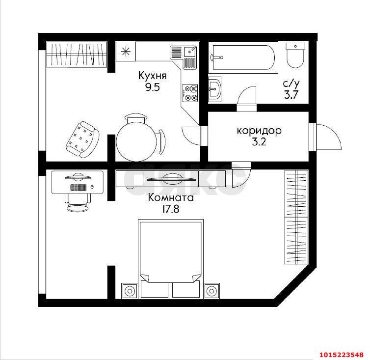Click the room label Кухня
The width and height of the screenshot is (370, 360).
(x=153, y=76)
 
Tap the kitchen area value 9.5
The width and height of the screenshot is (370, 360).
(x=153, y=87)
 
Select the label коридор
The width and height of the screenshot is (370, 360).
(x=259, y=131)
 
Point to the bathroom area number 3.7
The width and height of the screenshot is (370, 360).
(x=291, y=95)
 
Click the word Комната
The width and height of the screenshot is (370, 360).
(x=171, y=197)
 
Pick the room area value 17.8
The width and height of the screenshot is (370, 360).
(x=171, y=209)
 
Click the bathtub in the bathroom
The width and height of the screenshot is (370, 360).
(x=243, y=57)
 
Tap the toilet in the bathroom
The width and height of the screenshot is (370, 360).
(x=295, y=55)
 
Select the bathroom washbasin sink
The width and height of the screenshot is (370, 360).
(x=215, y=89)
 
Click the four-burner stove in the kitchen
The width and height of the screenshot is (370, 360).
(x=190, y=93)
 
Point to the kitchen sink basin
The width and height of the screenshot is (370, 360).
(x=189, y=52)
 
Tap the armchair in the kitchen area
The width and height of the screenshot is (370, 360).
(x=82, y=139)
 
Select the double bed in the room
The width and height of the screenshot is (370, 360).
(x=171, y=259)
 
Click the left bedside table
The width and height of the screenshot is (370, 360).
(x=129, y=291)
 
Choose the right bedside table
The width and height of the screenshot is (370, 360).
(x=212, y=291)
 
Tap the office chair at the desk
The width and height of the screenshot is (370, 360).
(x=78, y=202)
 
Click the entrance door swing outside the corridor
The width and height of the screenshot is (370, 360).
(x=329, y=137)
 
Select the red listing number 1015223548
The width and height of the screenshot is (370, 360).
(x=342, y=355)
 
